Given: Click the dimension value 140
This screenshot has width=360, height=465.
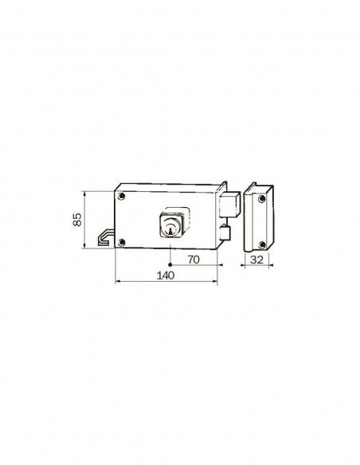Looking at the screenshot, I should click(166, 275).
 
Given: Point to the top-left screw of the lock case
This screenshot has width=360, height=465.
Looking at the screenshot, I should click(121, 197).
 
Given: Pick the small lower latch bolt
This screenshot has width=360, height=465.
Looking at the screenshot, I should click(225, 233).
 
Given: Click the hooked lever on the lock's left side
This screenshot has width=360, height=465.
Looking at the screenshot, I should click(104, 236).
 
